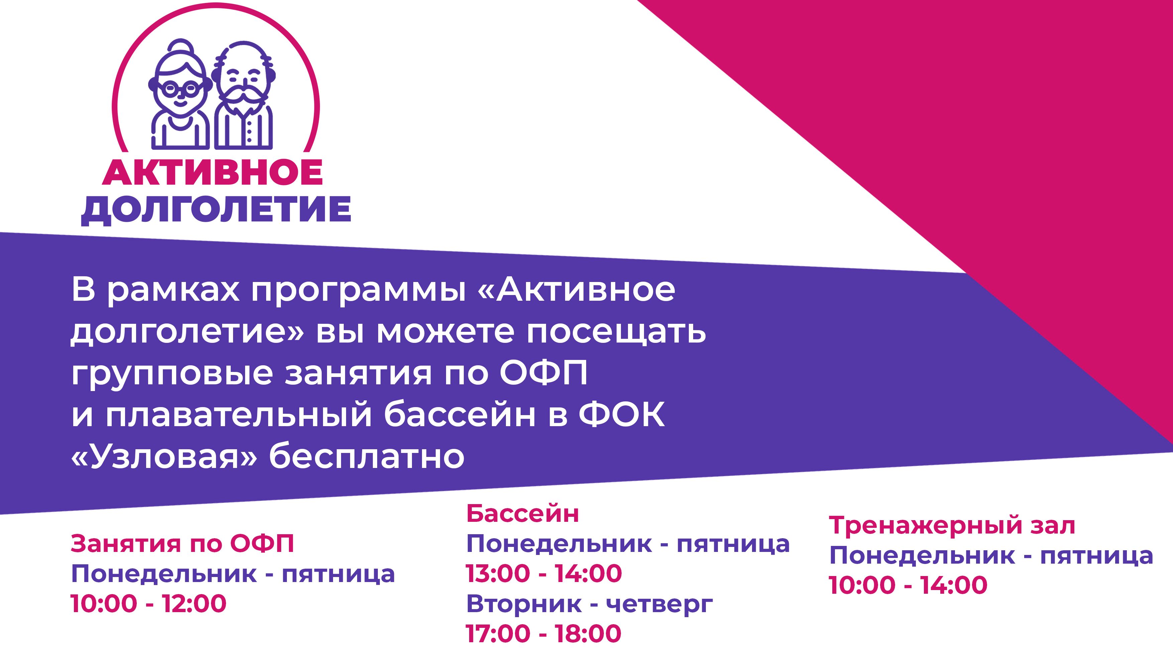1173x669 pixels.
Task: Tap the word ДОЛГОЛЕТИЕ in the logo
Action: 216,210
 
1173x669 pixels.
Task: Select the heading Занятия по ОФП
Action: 182,544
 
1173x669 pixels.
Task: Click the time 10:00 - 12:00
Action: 148,603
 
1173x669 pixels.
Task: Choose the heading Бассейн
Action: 523,514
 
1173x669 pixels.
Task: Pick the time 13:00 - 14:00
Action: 544,573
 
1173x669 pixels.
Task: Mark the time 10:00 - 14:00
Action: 908,585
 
